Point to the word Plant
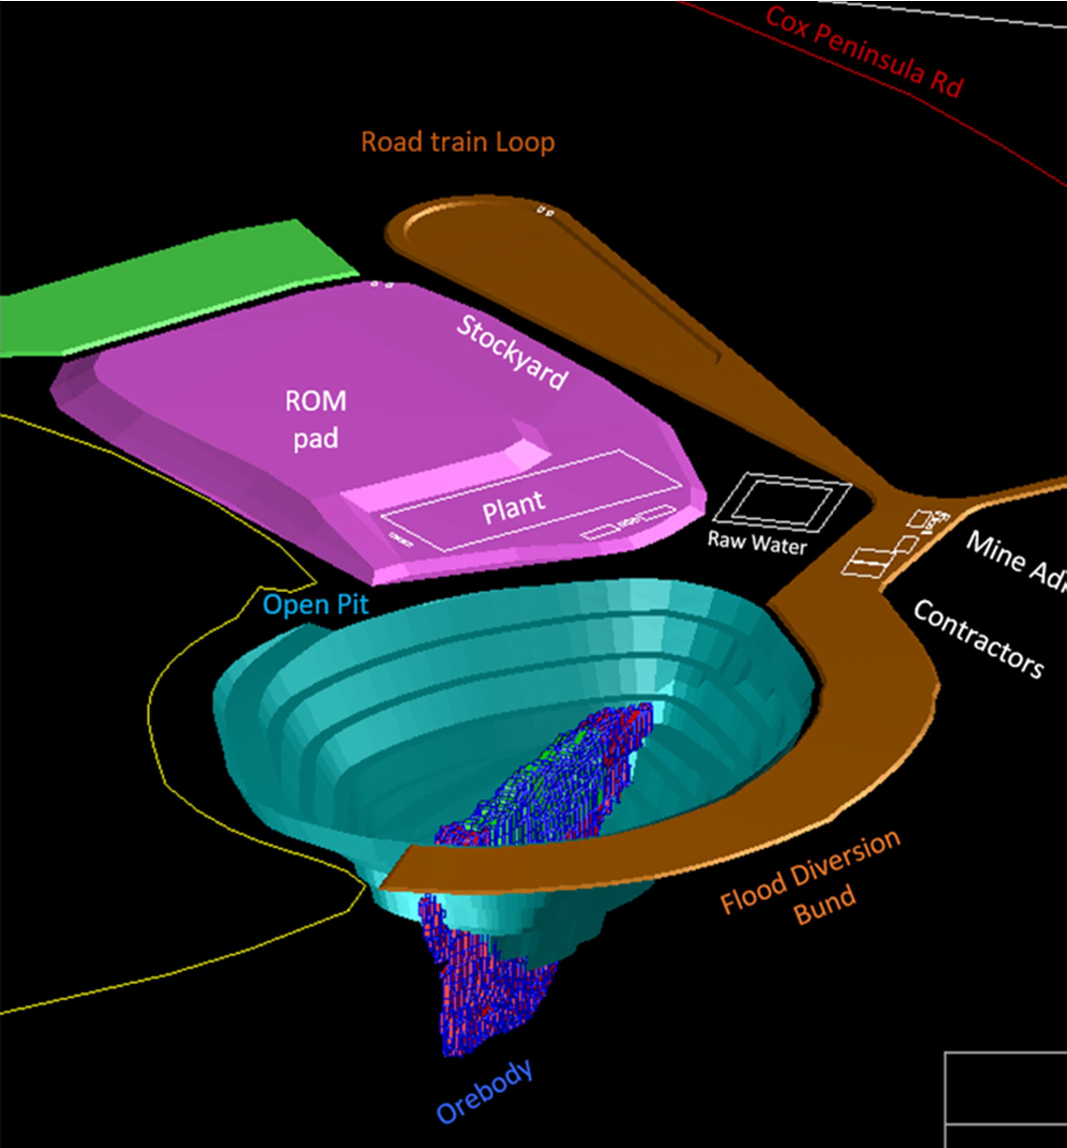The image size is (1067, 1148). (x=513, y=507)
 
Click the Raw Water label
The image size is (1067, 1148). (x=757, y=543)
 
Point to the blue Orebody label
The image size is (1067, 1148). (x=484, y=1091)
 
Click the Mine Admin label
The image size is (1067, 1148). (x=1016, y=560)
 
